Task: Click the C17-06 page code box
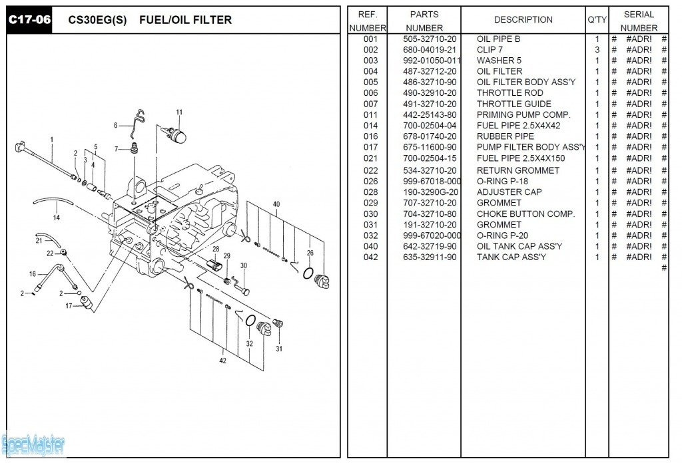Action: (29, 19)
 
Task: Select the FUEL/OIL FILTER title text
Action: (185, 20)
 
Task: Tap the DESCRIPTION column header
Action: (523, 20)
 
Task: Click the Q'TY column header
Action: (597, 20)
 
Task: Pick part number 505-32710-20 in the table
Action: (430, 39)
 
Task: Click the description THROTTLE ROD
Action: (510, 93)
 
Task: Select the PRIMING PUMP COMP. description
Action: (523, 115)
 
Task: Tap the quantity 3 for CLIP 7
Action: (597, 50)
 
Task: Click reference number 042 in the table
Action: (370, 257)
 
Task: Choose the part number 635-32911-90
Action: (430, 257)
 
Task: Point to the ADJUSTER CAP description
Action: (509, 192)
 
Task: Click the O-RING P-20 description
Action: (503, 235)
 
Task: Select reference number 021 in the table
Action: (370, 158)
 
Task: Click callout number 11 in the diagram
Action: (178, 112)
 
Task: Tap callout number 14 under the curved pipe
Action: (57, 218)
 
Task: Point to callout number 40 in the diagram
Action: (276, 204)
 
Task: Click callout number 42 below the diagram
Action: (222, 361)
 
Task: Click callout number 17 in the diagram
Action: (68, 306)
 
